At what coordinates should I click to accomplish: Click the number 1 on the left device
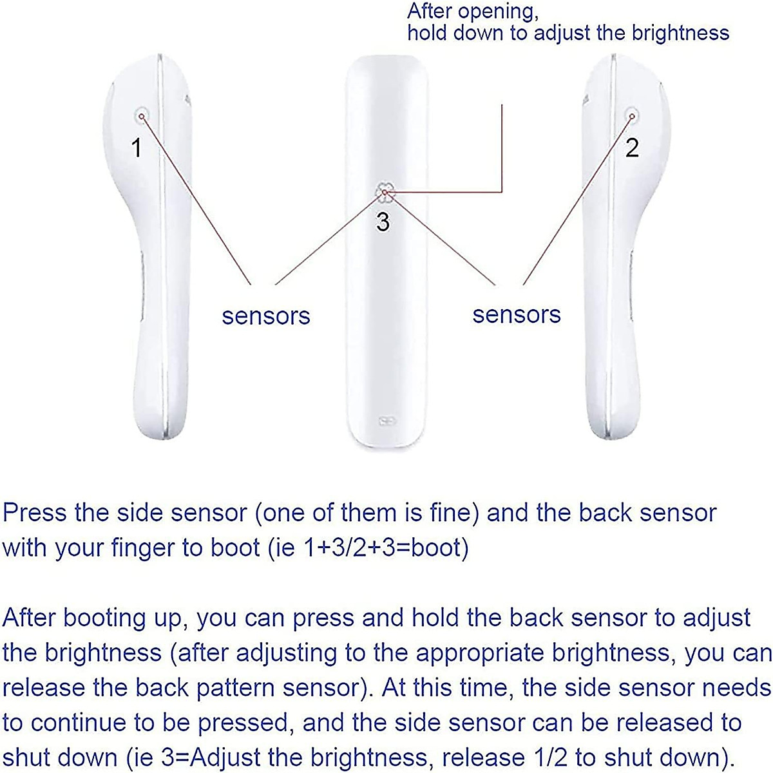[x=136, y=148]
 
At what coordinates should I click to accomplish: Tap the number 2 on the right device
[x=632, y=148]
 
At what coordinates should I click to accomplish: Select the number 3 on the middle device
[x=383, y=222]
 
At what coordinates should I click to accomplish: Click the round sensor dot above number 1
[x=141, y=116]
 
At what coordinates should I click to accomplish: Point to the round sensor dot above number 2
[x=633, y=116]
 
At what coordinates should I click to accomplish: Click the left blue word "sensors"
[x=266, y=316]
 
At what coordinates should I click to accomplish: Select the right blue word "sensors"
[x=517, y=314]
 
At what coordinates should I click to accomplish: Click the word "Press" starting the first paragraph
[x=35, y=513]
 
